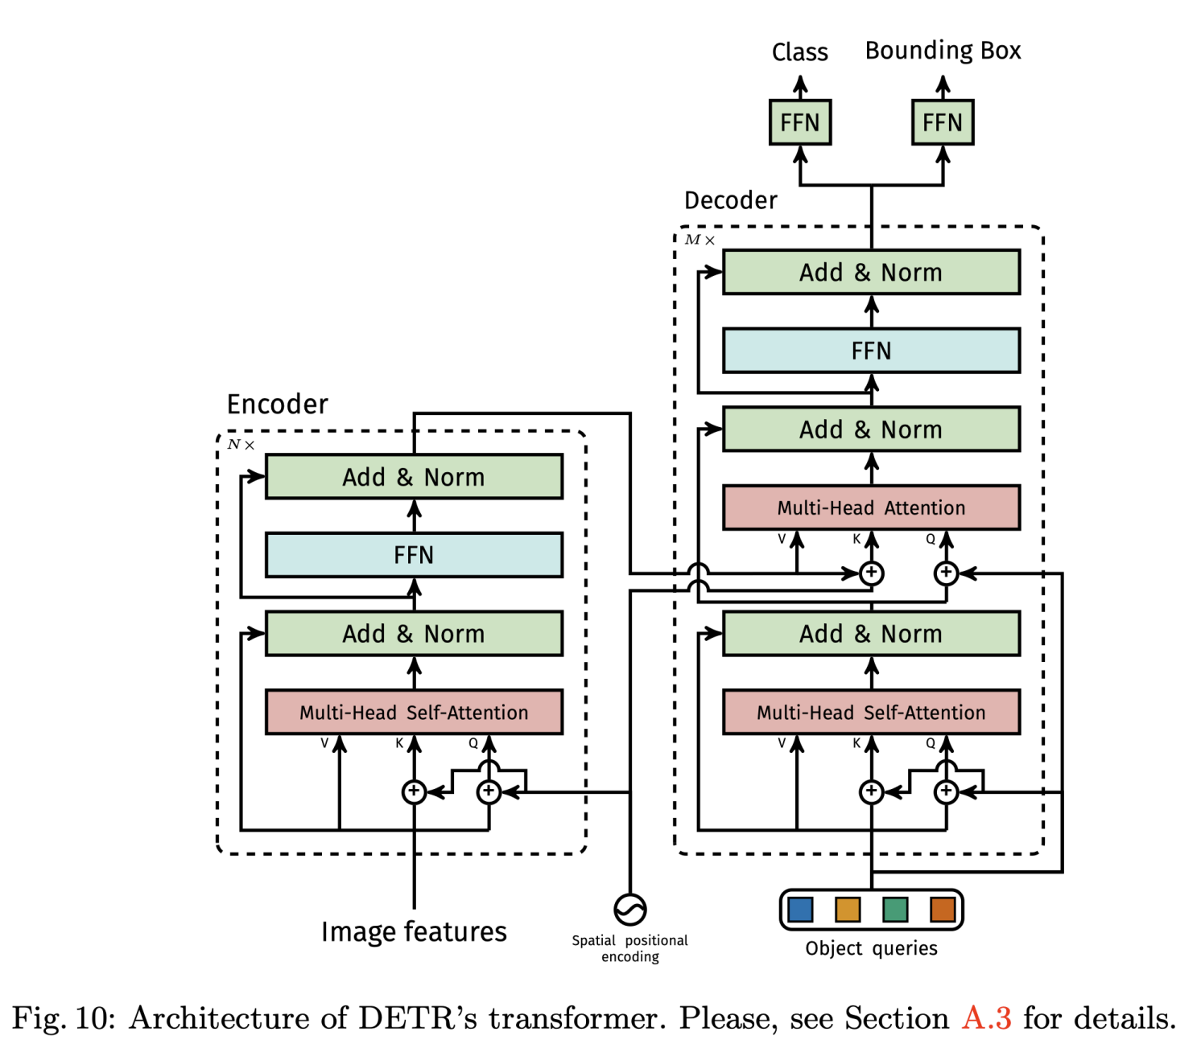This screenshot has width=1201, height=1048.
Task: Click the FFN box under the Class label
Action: pos(799,122)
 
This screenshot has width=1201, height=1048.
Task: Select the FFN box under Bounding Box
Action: pos(942,122)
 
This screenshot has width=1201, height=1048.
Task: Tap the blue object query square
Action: pos(800,910)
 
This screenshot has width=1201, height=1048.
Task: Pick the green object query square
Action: pos(895,910)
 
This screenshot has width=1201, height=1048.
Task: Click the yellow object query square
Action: pos(848,910)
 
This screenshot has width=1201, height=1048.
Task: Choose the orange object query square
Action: pos(943,910)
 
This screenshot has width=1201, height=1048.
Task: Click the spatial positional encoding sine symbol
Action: pos(629,910)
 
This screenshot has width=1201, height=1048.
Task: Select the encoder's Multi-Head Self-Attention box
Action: pos(414,712)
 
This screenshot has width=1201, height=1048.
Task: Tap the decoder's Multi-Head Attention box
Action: pos(871,508)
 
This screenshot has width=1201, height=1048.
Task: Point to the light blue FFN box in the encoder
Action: pos(414,555)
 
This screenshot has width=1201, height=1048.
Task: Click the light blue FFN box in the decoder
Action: pos(871,351)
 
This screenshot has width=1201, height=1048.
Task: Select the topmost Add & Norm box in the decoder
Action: pos(871,273)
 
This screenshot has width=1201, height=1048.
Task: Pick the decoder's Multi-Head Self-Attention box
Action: pos(871,712)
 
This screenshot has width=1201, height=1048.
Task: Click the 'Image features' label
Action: pos(414,931)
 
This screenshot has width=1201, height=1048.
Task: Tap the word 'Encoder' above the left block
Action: pos(277,404)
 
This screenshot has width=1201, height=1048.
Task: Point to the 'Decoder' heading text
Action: pos(730,200)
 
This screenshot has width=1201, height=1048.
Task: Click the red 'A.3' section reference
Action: pos(986,1018)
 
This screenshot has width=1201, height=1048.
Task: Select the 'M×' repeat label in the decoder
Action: pos(700,240)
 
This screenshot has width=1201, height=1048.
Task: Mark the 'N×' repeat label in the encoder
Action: pos(241,444)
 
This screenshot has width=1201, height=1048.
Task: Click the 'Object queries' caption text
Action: pos(871,948)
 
